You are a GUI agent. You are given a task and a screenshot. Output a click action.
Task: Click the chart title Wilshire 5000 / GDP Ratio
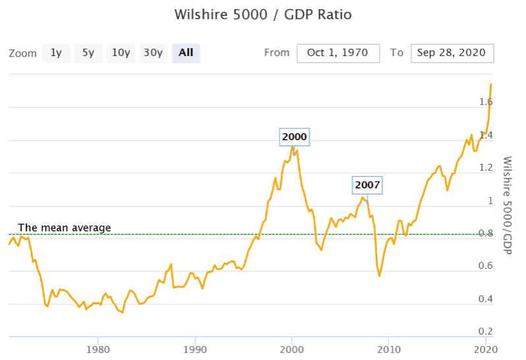(x=263, y=15)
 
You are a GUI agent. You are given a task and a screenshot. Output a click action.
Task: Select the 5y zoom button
(x=88, y=53)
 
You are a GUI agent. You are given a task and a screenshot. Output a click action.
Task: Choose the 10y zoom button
(x=121, y=53)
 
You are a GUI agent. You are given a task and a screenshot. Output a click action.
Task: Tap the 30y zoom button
(x=153, y=53)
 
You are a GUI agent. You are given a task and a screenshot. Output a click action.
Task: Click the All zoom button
(x=186, y=53)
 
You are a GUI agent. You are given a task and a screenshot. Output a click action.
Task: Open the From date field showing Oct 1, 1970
(x=338, y=53)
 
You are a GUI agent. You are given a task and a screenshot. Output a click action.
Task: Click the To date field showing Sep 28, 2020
(x=452, y=53)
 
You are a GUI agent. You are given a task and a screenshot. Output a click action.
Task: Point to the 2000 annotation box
(x=294, y=137)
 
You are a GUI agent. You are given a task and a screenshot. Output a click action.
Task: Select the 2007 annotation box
(x=367, y=185)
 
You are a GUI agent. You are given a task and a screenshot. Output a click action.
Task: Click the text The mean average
(x=65, y=227)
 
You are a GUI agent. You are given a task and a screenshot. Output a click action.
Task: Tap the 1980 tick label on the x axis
(x=98, y=349)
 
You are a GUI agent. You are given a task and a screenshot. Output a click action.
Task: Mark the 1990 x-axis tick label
(x=195, y=349)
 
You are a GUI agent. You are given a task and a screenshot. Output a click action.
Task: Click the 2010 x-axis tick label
(x=389, y=349)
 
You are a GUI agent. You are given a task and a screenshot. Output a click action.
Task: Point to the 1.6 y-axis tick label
(x=486, y=102)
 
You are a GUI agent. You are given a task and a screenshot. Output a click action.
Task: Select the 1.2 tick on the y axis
(x=486, y=167)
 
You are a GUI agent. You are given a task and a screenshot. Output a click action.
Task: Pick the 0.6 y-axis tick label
(x=486, y=266)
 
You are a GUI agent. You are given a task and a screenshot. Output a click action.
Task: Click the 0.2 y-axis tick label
(x=486, y=331)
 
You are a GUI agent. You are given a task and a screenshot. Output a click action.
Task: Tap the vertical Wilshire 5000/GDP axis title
(x=508, y=205)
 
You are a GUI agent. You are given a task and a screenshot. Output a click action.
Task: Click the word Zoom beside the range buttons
(x=22, y=53)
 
